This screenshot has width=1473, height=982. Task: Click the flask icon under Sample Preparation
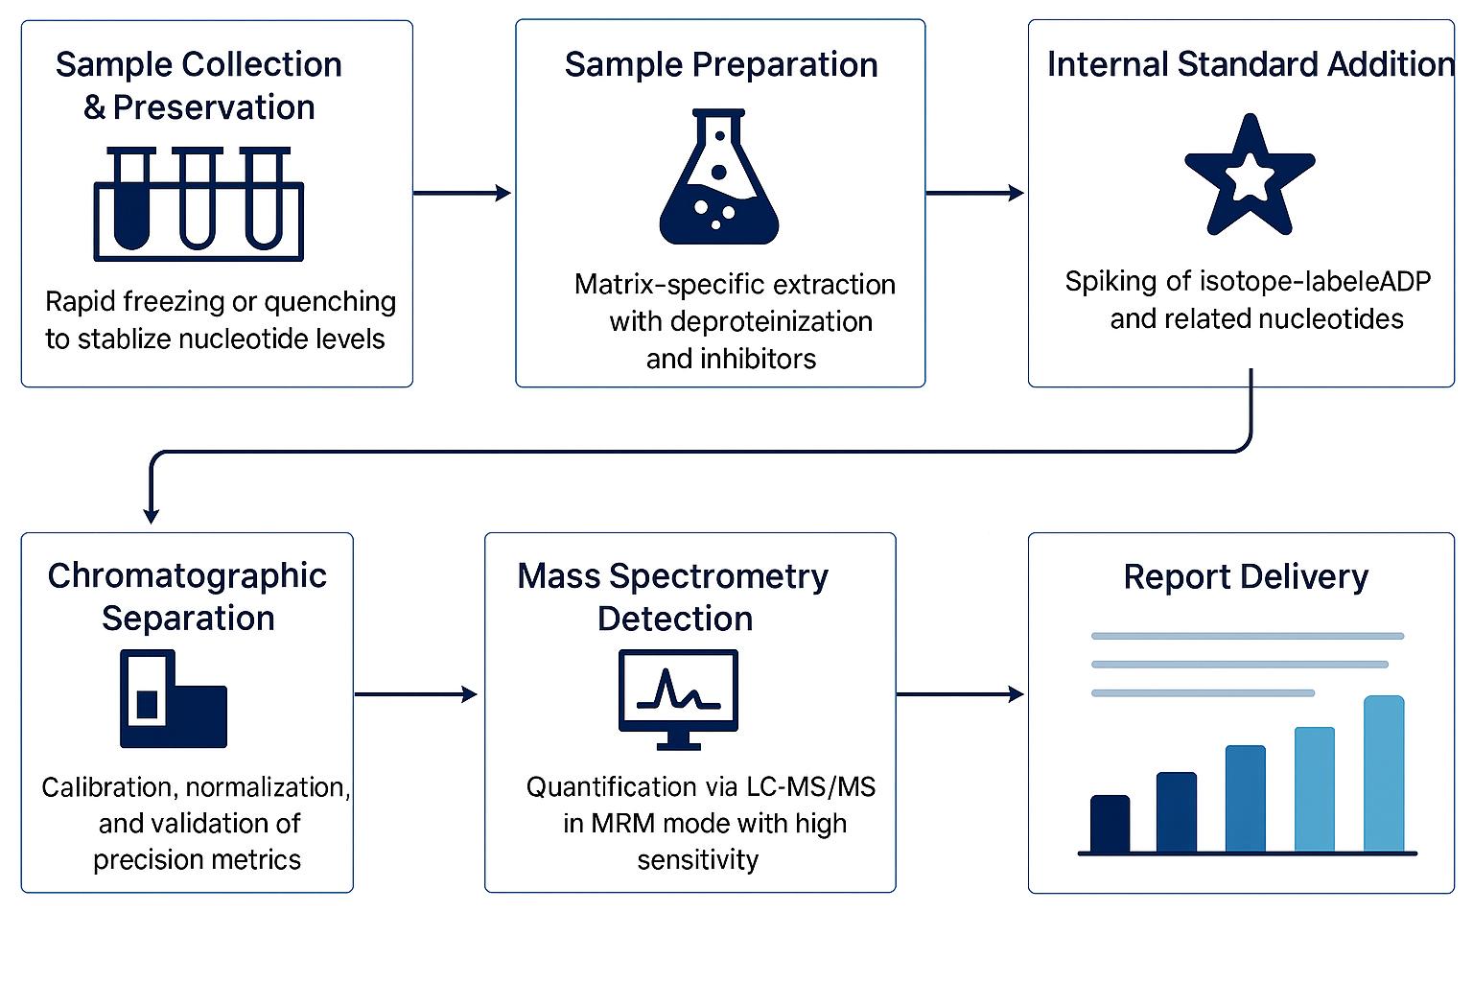click(719, 182)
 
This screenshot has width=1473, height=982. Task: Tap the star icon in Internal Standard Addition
click(1249, 177)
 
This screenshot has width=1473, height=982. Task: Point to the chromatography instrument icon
click(173, 699)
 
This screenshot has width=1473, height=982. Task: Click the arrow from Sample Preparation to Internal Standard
click(974, 193)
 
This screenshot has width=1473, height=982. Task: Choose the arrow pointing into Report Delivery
click(960, 694)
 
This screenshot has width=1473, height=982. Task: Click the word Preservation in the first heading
click(213, 107)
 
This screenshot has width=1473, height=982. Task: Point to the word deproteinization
click(740, 321)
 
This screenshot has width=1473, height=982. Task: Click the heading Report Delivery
click(1245, 576)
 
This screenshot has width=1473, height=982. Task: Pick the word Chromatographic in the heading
click(187, 575)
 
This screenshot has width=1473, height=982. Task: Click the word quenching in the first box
click(329, 302)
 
